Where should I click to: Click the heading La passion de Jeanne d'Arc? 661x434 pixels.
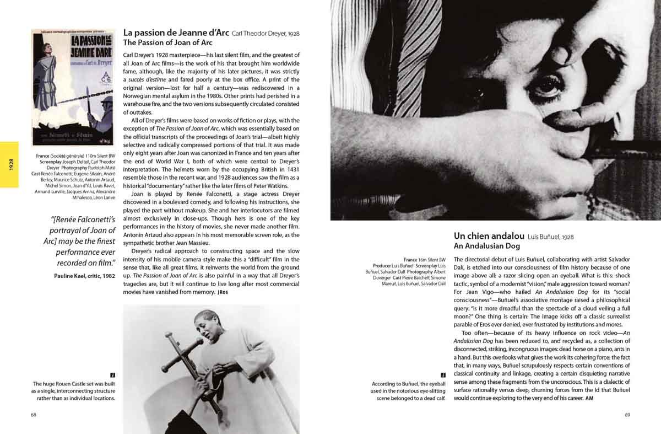(176, 33)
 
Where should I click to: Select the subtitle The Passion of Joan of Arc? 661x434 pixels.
(168, 42)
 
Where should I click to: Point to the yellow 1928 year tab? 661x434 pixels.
(9, 164)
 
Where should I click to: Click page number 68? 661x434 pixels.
(34, 415)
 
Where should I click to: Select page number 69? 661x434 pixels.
(627, 415)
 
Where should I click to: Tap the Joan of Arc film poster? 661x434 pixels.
(73, 87)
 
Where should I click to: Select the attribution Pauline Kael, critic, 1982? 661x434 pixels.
(85, 276)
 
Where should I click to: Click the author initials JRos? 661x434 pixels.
(223, 292)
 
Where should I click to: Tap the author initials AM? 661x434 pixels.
(589, 398)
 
